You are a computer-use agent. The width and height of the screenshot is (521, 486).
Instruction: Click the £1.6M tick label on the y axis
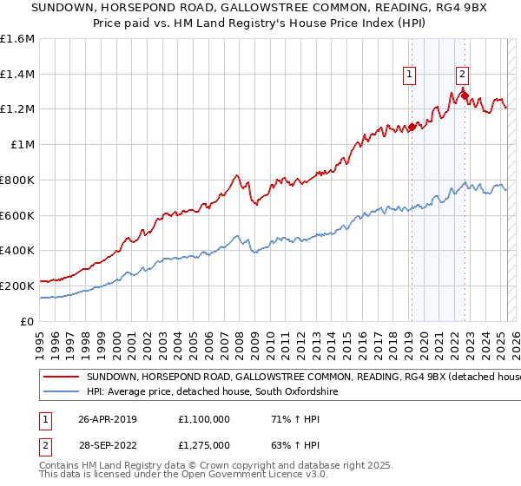[17, 39]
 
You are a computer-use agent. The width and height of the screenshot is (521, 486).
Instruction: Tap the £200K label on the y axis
[17, 286]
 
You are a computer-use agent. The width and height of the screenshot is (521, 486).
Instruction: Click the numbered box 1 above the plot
[408, 76]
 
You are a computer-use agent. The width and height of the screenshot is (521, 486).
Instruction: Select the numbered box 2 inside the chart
[462, 76]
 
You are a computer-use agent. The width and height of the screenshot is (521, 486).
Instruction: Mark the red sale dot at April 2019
[412, 126]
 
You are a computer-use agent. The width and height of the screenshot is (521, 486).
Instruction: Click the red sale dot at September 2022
[465, 95]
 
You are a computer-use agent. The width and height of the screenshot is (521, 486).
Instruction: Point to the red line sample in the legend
[61, 378]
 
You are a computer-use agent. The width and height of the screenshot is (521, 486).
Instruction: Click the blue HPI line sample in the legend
[61, 392]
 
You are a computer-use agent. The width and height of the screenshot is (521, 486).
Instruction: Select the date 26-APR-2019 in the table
[108, 418]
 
